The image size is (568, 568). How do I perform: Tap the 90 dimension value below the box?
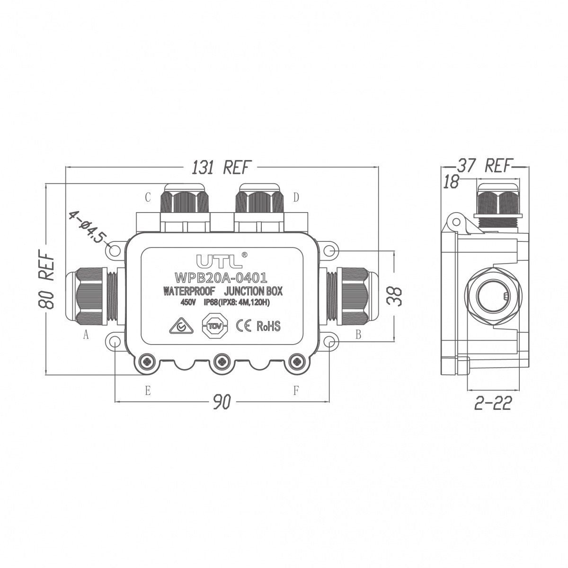pyautogui.click(x=222, y=402)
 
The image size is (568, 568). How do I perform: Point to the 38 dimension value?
pyautogui.click(x=394, y=296)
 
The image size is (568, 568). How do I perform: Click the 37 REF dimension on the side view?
pyautogui.click(x=483, y=166)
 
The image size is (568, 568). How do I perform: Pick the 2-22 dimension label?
pyautogui.click(x=493, y=403)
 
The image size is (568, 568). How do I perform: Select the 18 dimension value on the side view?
pyautogui.click(x=451, y=181)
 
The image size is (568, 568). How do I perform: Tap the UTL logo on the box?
pyautogui.click(x=220, y=260)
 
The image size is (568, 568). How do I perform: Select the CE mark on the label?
pyautogui.click(x=244, y=326)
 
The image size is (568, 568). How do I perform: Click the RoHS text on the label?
pyautogui.click(x=268, y=326)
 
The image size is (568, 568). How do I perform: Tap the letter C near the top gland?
pyautogui.click(x=148, y=197)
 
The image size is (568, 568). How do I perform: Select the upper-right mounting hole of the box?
pyautogui.click(x=329, y=251)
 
